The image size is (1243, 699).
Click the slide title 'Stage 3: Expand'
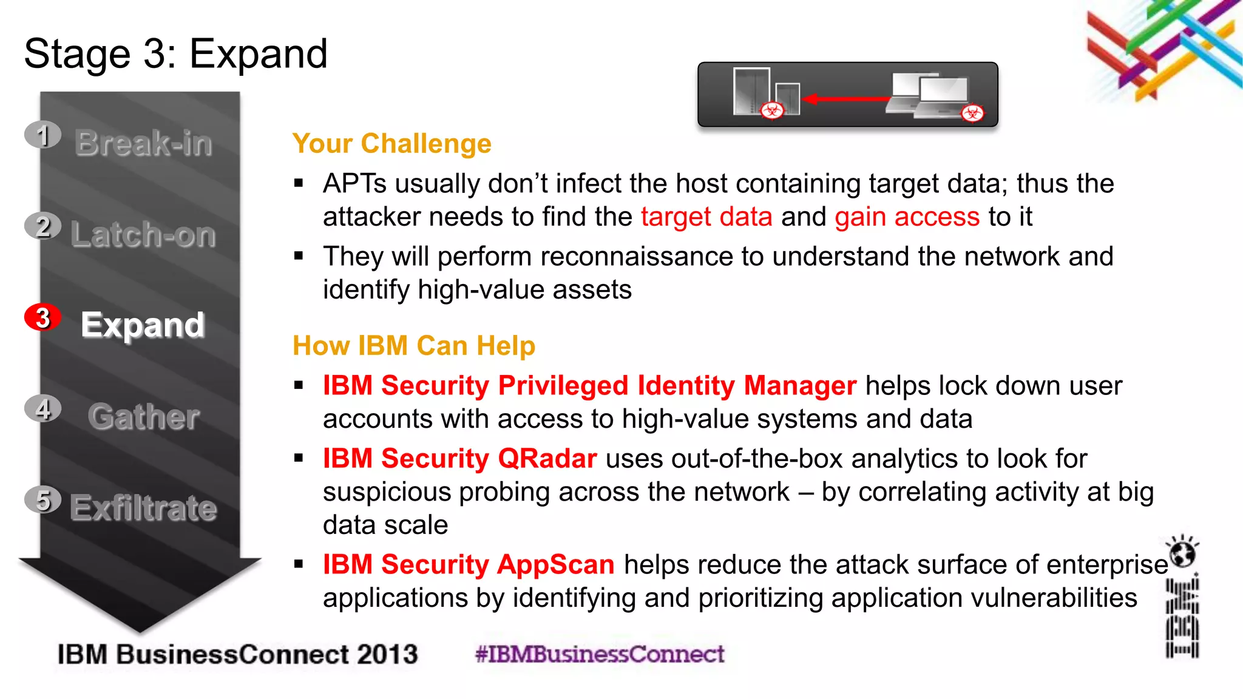point(175,54)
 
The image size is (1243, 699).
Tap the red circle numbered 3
point(42,317)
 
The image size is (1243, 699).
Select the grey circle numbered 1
point(42,135)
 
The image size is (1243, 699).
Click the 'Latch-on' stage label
point(143,235)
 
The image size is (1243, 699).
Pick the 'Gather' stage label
point(144,417)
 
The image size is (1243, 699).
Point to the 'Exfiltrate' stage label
point(144,508)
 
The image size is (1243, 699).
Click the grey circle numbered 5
point(42,500)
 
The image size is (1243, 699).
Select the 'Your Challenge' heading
point(391,144)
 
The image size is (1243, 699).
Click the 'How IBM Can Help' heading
point(414,346)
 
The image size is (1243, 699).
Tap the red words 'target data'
point(706,217)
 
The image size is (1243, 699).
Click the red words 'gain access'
point(907,217)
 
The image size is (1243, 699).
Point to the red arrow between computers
point(847,99)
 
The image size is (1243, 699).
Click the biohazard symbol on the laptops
point(972,113)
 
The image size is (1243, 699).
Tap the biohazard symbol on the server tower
point(773,110)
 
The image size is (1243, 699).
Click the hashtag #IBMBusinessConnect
point(600,654)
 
